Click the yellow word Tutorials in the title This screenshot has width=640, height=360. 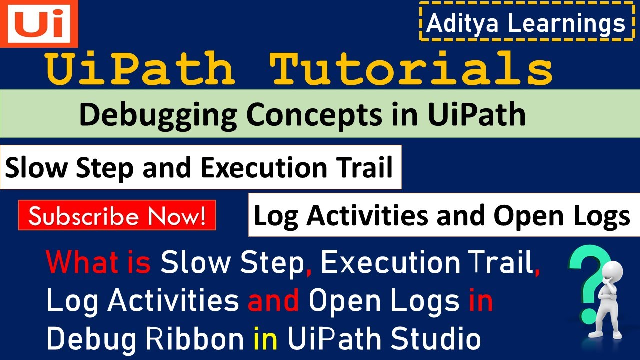(411, 70)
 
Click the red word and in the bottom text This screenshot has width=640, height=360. (273, 301)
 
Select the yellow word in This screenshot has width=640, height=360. (265, 340)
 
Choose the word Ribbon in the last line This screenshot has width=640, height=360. (194, 340)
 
